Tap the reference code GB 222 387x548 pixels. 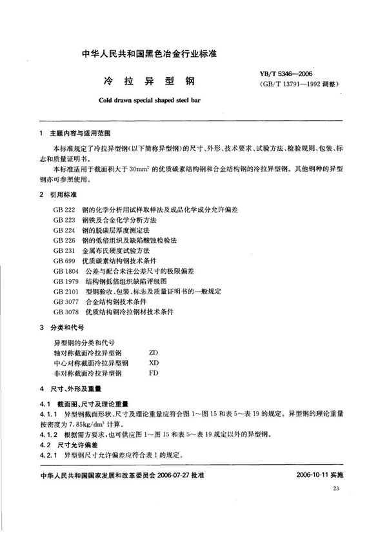(66, 211)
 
